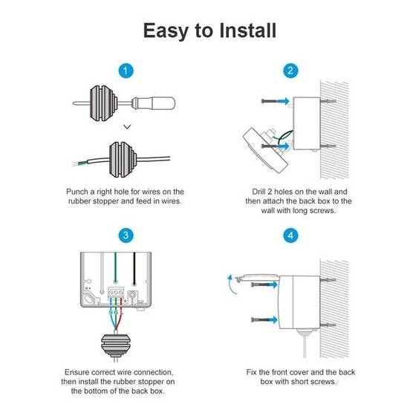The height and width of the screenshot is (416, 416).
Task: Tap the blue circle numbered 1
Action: (126, 71)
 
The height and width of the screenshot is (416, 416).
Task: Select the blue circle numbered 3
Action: (126, 235)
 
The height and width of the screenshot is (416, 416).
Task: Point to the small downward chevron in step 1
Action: (126, 127)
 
